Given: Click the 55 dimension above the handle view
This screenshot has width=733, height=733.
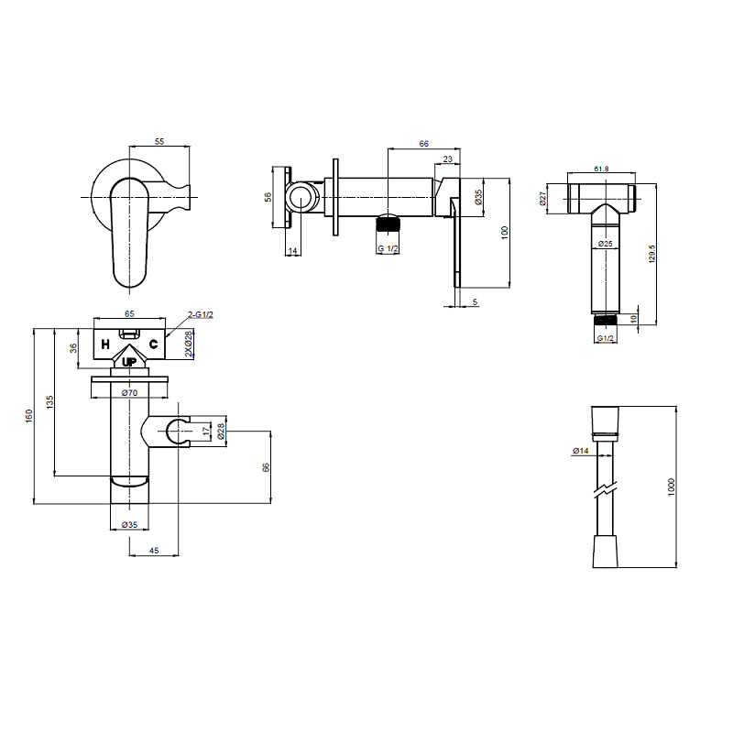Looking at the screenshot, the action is [x=159, y=141].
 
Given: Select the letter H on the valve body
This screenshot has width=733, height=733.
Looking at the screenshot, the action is [x=105, y=345].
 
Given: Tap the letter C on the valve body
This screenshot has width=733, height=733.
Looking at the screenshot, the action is [x=153, y=345].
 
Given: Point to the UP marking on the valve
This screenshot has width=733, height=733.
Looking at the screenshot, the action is [x=129, y=362].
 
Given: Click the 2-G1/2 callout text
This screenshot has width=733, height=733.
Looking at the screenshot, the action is [x=201, y=314].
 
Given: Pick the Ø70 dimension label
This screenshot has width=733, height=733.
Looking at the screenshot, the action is [x=129, y=393].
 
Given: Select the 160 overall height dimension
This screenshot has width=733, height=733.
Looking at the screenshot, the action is [x=29, y=416].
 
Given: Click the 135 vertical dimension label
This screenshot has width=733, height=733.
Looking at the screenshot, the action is [x=49, y=402].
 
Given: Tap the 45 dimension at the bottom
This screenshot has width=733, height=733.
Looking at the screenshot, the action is [x=154, y=551].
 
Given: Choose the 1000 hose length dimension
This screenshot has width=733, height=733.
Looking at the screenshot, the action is [x=672, y=487].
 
